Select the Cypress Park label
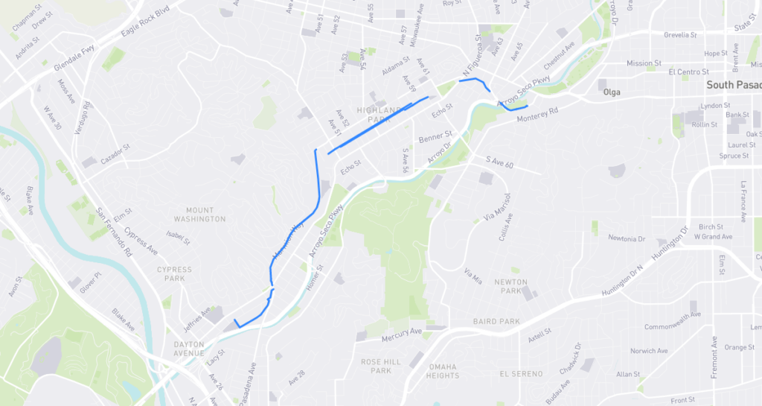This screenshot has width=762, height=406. [x=174, y=273]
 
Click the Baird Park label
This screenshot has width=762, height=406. [x=496, y=322]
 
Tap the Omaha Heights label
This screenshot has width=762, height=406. [x=442, y=370]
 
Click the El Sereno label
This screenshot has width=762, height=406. [x=521, y=372]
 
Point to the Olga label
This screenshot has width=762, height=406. [x=612, y=93]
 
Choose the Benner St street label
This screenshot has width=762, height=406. [x=435, y=138]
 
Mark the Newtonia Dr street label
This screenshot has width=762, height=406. [x=627, y=238]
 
